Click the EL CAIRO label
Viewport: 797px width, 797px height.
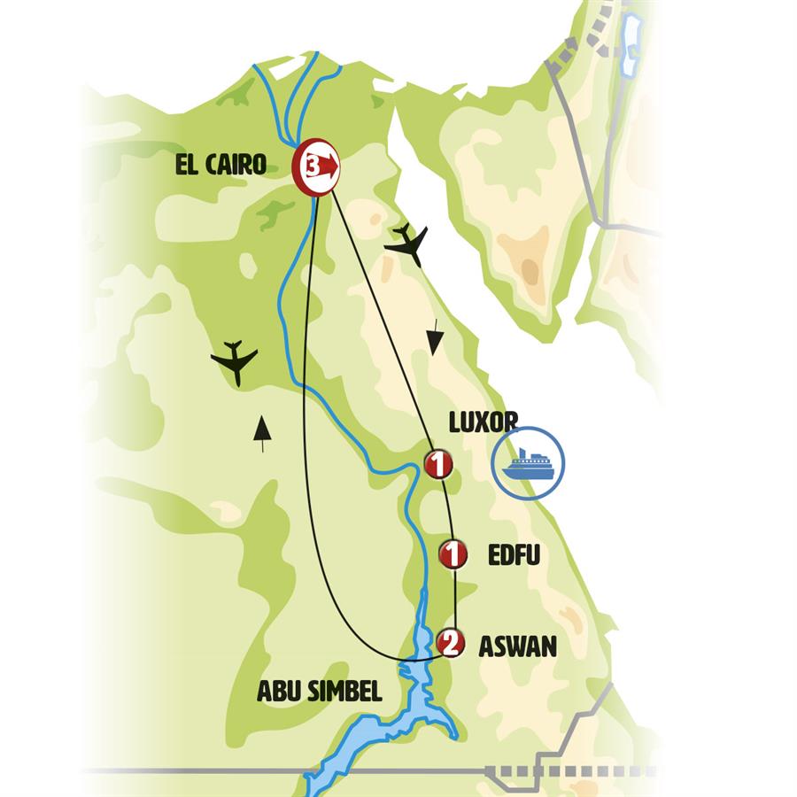(221, 165)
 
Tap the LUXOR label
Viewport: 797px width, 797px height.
(483, 422)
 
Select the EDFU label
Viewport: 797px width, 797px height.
(514, 555)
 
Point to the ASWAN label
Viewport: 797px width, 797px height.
(517, 646)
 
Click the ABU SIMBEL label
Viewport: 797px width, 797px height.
(319, 692)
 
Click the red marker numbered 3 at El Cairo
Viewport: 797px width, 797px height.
(316, 165)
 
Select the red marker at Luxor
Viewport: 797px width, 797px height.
(438, 464)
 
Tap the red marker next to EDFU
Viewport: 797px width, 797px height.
(453, 555)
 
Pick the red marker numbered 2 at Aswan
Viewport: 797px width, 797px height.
(451, 644)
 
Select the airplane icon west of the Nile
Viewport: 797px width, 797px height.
(236, 360)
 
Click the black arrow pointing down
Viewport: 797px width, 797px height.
(433, 341)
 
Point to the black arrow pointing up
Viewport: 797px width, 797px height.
(261, 431)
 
